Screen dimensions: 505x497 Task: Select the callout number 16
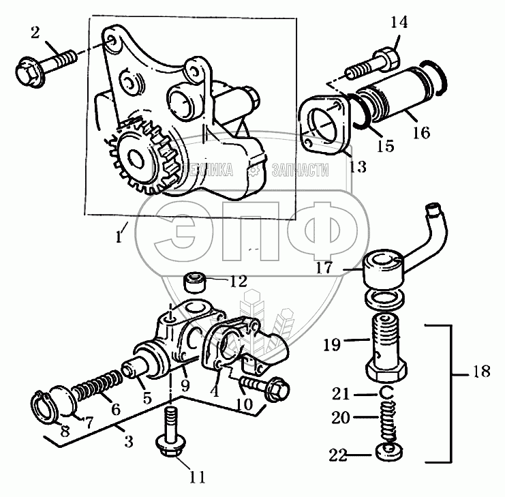coord(420,132)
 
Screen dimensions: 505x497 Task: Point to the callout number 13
coord(357,166)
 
